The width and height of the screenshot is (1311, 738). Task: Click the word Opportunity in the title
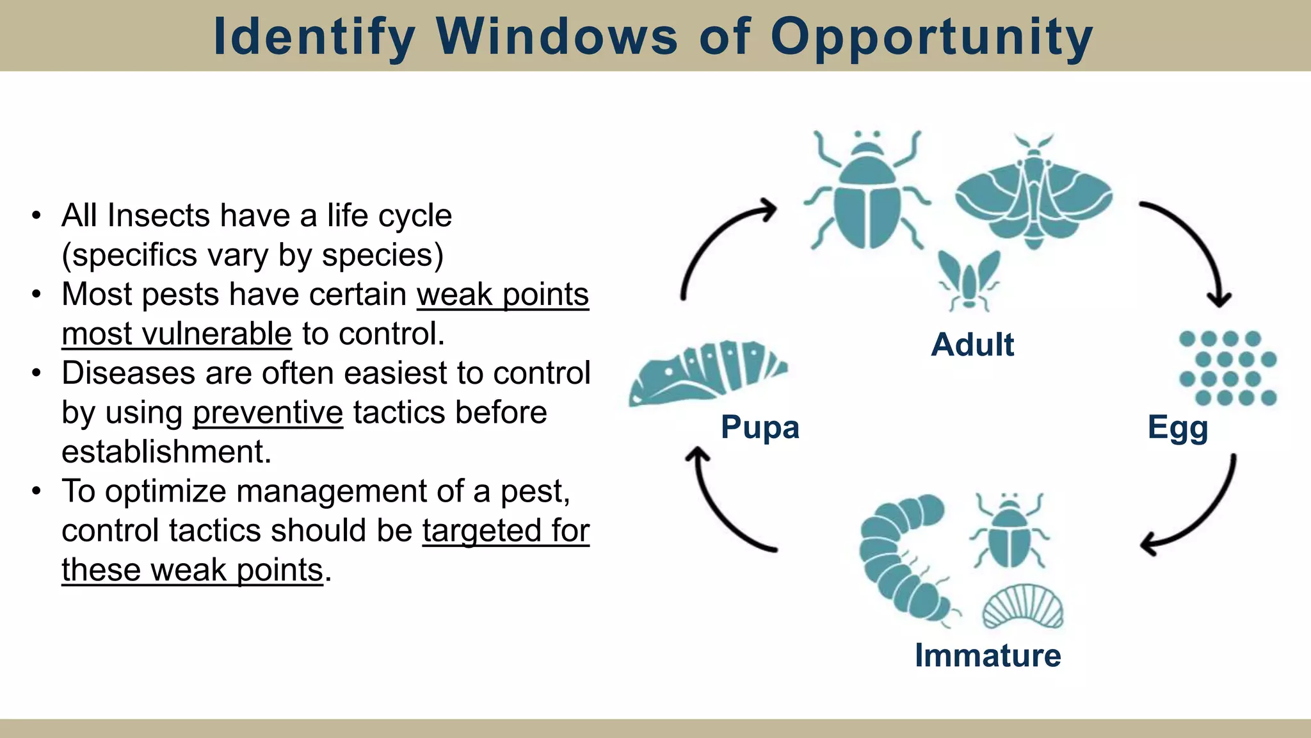tap(931, 37)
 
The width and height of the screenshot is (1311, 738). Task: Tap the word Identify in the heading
tap(314, 37)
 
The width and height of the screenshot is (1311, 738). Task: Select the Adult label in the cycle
tap(972, 345)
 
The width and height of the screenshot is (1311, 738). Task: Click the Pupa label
tap(760, 427)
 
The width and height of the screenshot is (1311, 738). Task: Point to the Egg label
tap(1178, 427)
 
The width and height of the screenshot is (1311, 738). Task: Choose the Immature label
tap(988, 655)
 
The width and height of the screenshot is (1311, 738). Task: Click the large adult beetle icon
tap(867, 192)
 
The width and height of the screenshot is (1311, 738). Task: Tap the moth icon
tap(1033, 192)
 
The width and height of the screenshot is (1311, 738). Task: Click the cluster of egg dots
tap(1228, 368)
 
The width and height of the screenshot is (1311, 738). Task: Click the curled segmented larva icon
tap(899, 557)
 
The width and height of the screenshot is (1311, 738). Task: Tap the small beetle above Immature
tap(1009, 532)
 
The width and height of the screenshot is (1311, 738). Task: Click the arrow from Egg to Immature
tap(1203, 512)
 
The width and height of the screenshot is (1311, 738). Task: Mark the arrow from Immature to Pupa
tap(720, 512)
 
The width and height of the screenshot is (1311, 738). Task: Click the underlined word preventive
tap(268, 413)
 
